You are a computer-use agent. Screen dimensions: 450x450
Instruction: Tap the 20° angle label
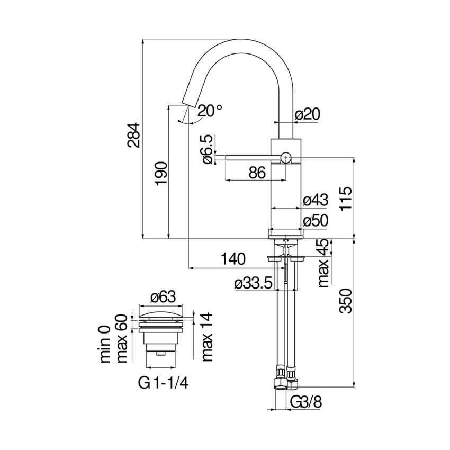click(x=210, y=111)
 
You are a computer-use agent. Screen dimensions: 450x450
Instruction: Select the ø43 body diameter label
click(x=315, y=200)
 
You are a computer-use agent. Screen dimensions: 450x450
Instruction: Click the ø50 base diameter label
click(x=315, y=220)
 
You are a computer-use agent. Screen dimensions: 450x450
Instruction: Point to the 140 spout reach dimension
click(x=233, y=259)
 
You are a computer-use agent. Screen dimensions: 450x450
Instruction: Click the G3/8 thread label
click(x=306, y=402)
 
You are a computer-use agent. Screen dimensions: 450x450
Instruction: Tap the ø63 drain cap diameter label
click(x=161, y=297)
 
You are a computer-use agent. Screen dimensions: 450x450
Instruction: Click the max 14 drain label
click(x=207, y=337)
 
